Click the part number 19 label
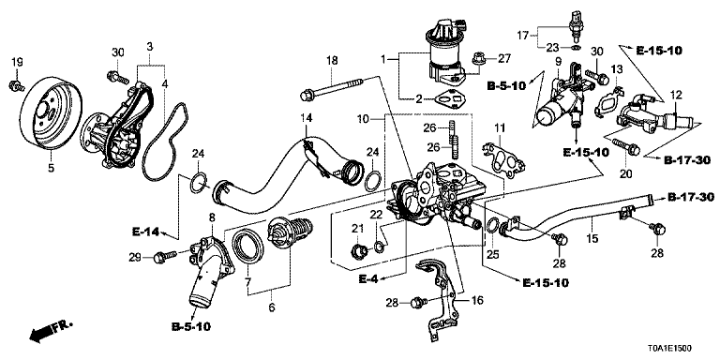[17, 62]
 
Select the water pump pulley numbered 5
[52, 113]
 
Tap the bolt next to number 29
[166, 256]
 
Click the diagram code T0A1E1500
[670, 350]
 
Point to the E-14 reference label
[144, 232]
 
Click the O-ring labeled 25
[491, 225]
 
